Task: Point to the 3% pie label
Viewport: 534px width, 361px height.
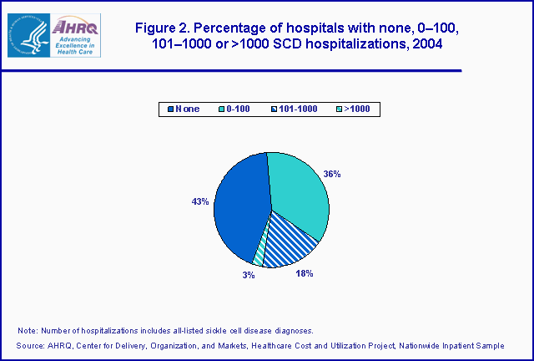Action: click(249, 275)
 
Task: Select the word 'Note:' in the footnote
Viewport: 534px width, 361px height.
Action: click(28, 330)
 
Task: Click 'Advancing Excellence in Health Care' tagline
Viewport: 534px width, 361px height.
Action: click(76, 45)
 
